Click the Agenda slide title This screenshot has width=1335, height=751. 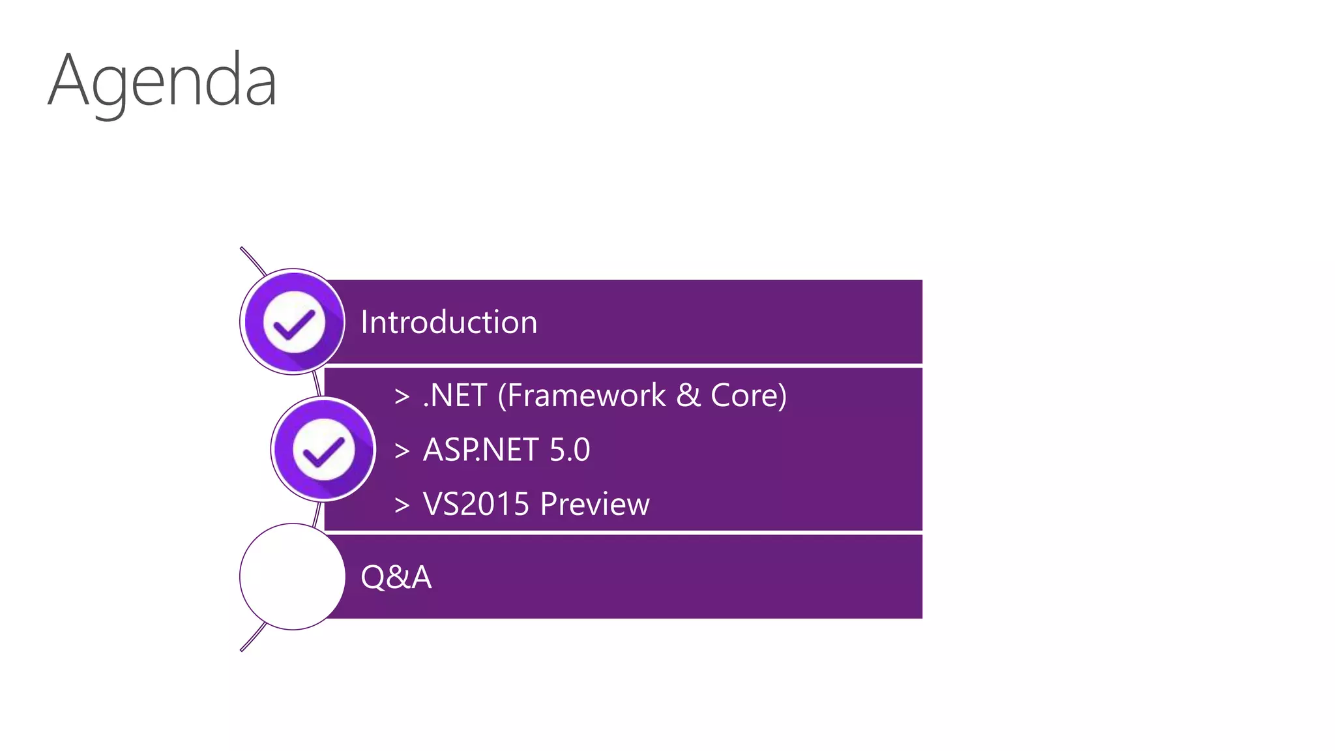click(x=162, y=81)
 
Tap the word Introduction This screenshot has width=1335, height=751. click(x=448, y=322)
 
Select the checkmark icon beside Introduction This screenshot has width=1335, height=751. click(x=293, y=322)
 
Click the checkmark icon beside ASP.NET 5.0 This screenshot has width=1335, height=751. click(x=323, y=449)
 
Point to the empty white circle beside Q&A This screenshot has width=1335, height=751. click(x=292, y=576)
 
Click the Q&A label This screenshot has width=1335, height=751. click(x=396, y=577)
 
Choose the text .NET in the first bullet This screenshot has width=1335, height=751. click(x=455, y=396)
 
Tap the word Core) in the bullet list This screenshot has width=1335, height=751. click(x=748, y=396)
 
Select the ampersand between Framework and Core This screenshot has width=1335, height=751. click(x=688, y=396)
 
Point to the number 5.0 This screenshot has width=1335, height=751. click(x=570, y=450)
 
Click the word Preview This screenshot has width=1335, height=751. click(x=594, y=504)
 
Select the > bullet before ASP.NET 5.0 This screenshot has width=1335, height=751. click(x=402, y=450)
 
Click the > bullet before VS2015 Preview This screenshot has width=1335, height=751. click(x=402, y=505)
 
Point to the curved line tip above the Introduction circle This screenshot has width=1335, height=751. click(x=242, y=249)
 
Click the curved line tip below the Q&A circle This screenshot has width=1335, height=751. click(x=242, y=649)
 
